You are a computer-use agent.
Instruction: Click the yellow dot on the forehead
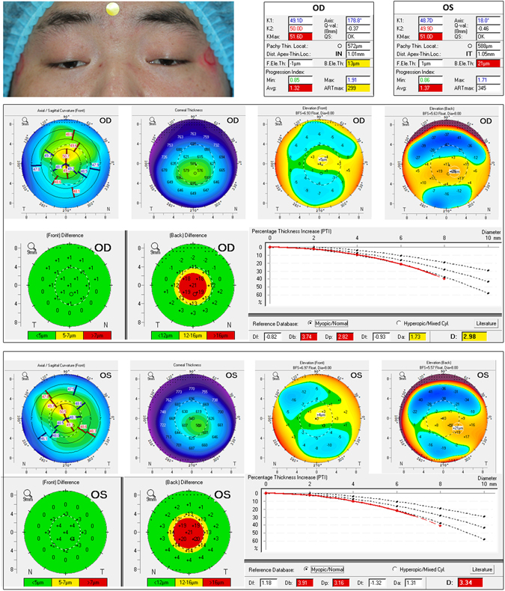tap(112, 9)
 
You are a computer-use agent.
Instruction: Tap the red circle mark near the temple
tap(209, 58)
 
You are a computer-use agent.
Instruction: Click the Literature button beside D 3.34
tap(487, 569)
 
